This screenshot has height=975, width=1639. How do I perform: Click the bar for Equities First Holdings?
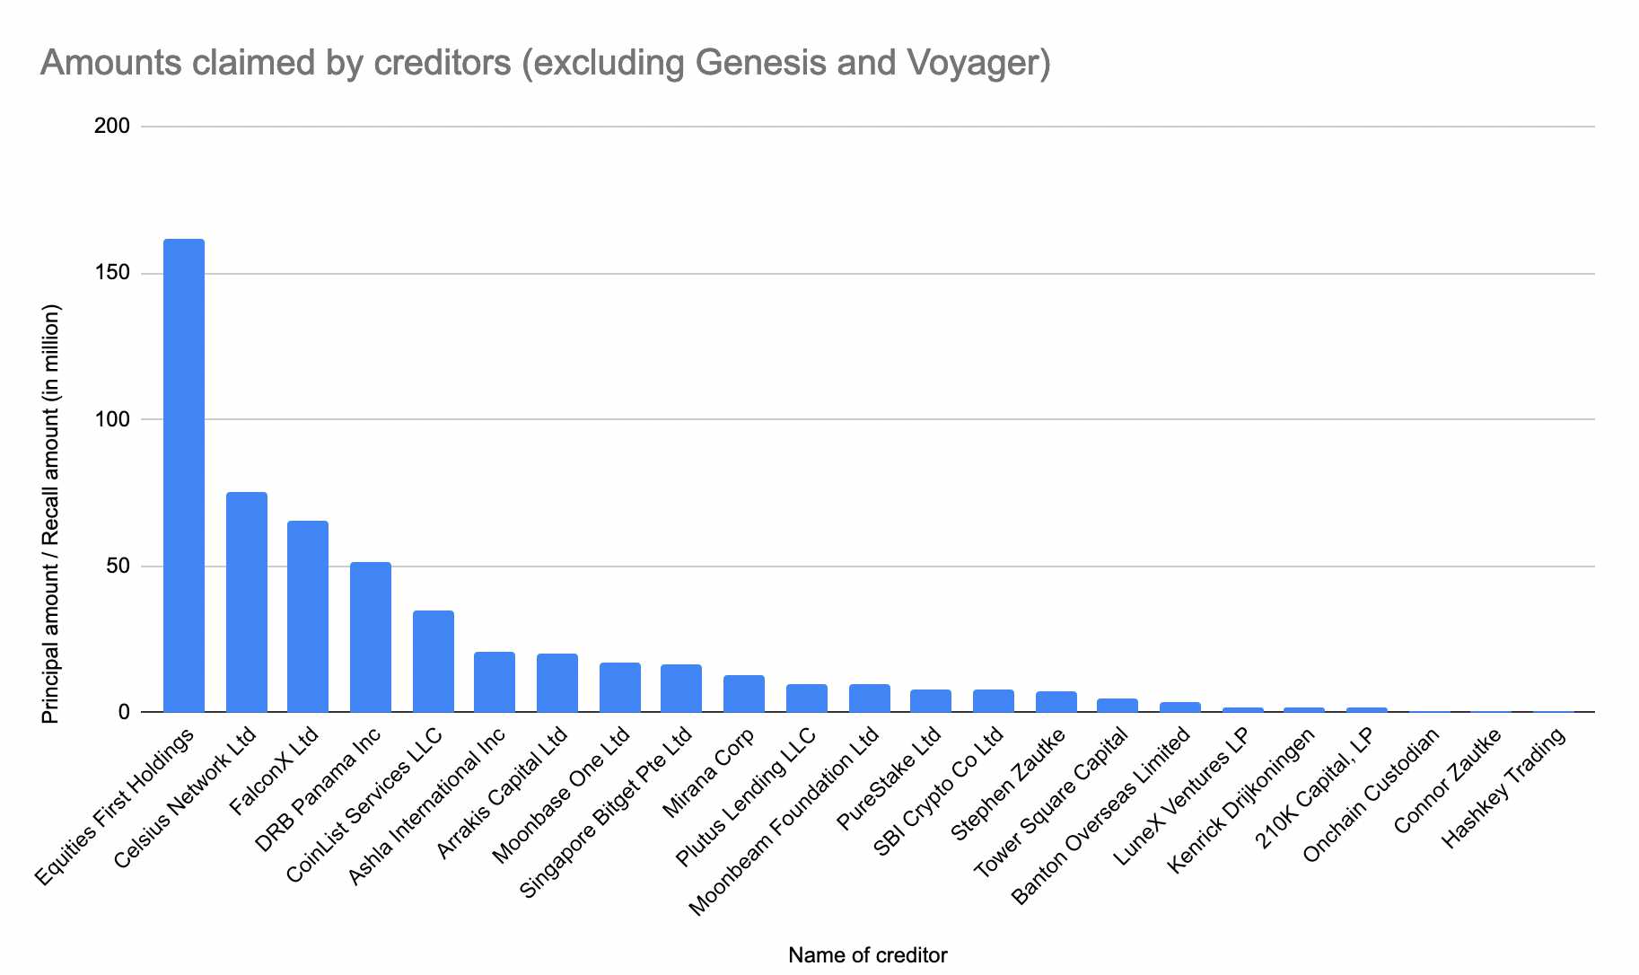(183, 476)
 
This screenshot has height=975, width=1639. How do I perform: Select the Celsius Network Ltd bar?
(246, 602)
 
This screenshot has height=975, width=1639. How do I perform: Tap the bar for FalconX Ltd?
(308, 617)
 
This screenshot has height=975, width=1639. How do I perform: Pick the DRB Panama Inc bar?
(371, 637)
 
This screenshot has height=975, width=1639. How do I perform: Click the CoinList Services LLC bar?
(433, 662)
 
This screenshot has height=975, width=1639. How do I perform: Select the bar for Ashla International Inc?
(495, 682)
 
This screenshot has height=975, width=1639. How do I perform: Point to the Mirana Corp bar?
(744, 694)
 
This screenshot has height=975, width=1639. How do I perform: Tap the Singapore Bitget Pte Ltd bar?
(681, 689)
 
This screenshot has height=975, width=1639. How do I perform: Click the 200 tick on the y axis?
(111, 127)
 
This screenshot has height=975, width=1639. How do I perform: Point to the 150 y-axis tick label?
(111, 273)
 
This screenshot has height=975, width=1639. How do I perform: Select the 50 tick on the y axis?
(117, 567)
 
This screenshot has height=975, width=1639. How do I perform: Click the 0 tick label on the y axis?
(123, 713)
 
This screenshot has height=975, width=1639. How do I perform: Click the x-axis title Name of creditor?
(867, 955)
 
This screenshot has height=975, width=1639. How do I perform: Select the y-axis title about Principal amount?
(51, 514)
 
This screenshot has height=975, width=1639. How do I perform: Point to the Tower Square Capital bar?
(1117, 706)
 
